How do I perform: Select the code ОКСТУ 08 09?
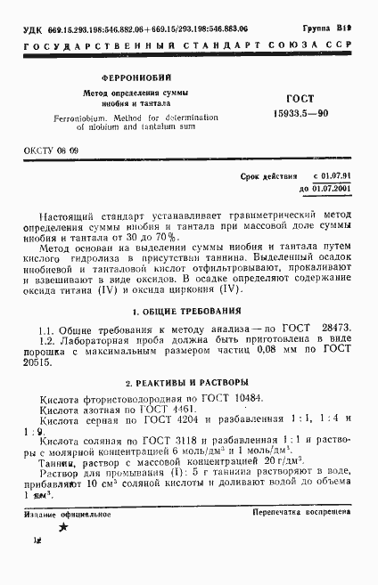(x=50, y=151)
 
